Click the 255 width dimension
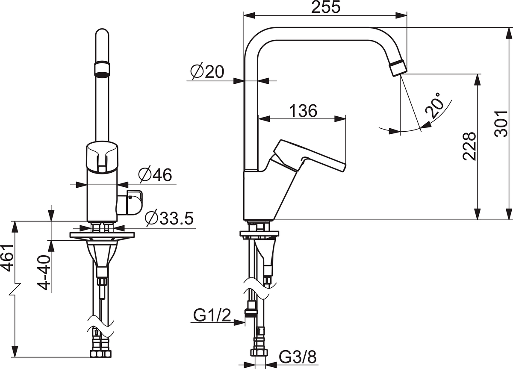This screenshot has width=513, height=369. point(326,7)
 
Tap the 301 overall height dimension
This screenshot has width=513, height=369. point(501,124)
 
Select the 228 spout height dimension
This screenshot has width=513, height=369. point(469,146)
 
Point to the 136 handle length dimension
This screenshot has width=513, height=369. point(303,111)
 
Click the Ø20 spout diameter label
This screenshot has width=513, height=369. point(207,71)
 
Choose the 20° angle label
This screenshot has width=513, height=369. point(433,106)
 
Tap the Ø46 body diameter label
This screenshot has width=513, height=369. point(155,175)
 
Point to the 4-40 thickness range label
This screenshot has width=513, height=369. point(44,272)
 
